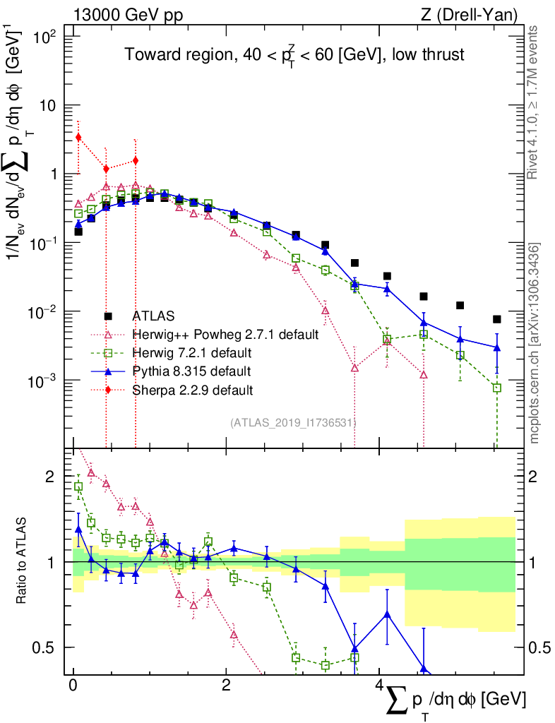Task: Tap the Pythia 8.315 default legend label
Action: pyautogui.click(x=191, y=371)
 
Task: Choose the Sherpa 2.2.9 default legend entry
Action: pyautogui.click(x=192, y=389)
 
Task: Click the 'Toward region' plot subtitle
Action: pyautogui.click(x=294, y=56)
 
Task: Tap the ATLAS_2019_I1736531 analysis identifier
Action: pyautogui.click(x=292, y=422)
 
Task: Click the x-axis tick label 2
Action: pyautogui.click(x=225, y=686)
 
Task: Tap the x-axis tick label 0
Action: pyautogui.click(x=73, y=686)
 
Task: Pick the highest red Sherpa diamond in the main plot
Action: pyautogui.click(x=78, y=137)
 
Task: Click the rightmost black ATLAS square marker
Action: pyautogui.click(x=497, y=319)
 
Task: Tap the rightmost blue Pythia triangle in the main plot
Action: pyautogui.click(x=497, y=347)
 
